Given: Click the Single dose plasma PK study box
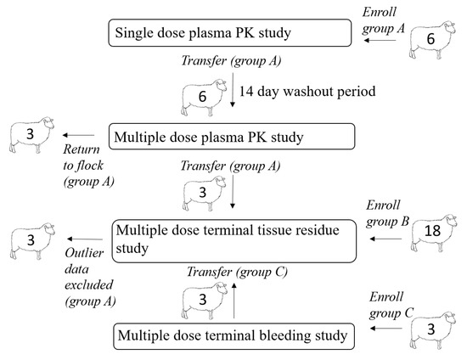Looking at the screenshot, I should tap(230, 34).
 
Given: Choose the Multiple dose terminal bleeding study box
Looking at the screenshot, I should tap(230, 336).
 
